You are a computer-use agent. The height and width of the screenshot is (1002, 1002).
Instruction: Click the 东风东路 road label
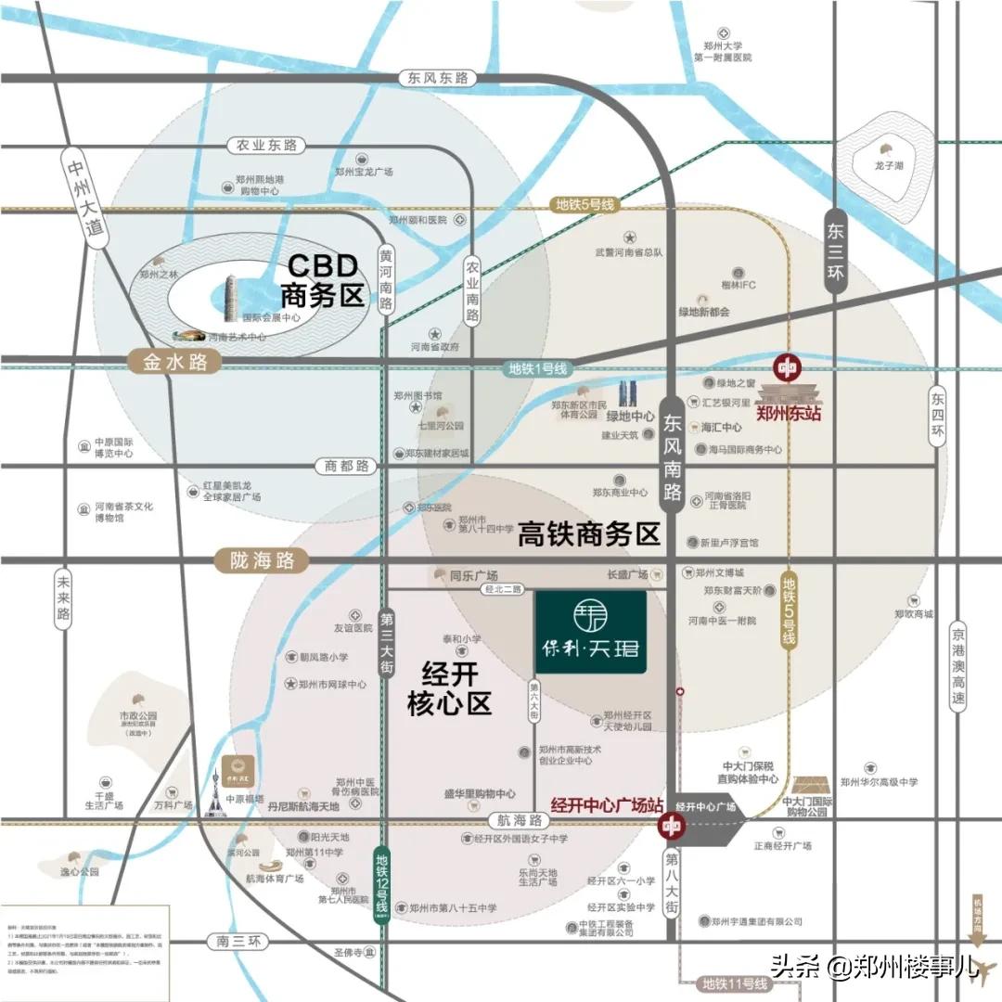437,79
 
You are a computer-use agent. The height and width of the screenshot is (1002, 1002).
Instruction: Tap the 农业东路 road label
266,146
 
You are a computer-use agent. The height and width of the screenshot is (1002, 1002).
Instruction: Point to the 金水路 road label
175,361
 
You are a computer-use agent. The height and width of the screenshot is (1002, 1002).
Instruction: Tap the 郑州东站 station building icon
789,391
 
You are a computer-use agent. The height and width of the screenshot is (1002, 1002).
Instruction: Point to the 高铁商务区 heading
588,535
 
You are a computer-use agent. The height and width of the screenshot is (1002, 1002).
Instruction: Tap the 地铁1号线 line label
536,368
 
